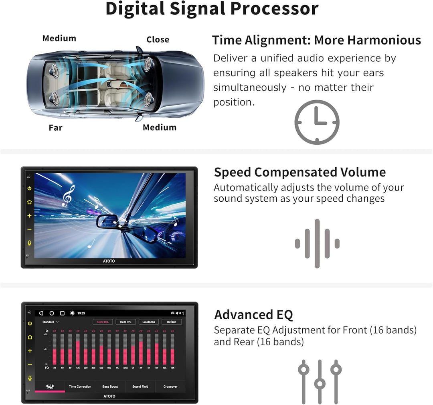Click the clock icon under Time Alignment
tap(317, 122)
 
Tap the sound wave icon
tap(317, 243)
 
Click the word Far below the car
tap(56, 128)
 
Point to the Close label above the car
tap(158, 40)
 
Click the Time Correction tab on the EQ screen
tap(80, 387)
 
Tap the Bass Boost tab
tap(110, 387)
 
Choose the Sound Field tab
tap(140, 387)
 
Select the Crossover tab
tap(170, 387)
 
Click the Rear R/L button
tap(125, 322)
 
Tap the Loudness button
tap(148, 322)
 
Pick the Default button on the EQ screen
tap(172, 322)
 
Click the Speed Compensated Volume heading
tap(299, 172)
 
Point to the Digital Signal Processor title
tap(212, 9)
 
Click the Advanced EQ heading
tap(253, 315)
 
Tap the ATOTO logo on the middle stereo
tap(109, 261)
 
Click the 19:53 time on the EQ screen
tap(81, 313)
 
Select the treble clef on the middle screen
tap(68, 196)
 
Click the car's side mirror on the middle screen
tap(107, 221)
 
